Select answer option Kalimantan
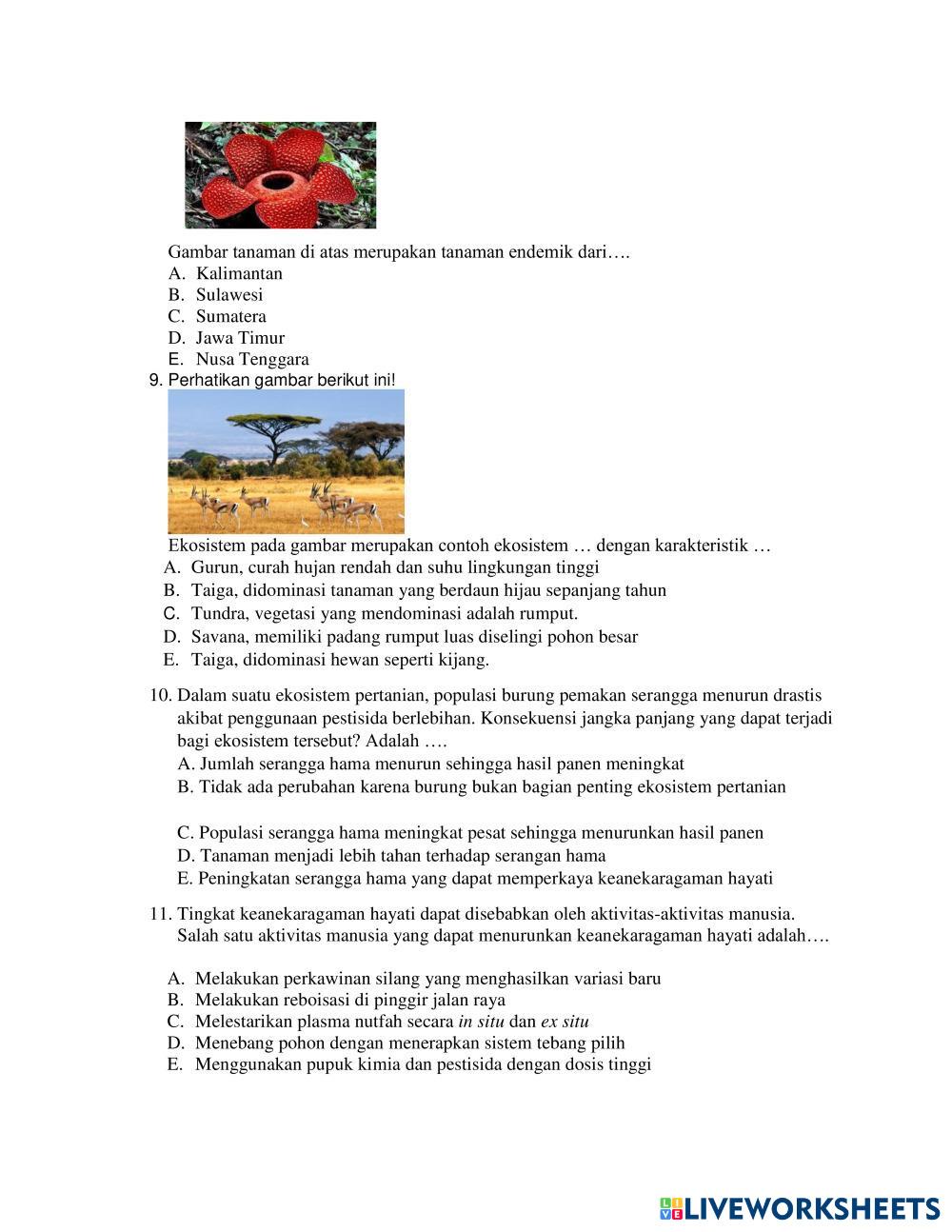pos(239,273)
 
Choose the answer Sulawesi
pos(228,295)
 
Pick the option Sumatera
pos(230,316)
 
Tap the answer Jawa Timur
pos(240,338)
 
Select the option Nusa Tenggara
pos(252,359)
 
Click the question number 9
pos(156,380)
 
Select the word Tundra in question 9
pos(217,613)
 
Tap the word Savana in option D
pos(217,637)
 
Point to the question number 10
pos(160,695)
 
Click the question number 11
pos(160,914)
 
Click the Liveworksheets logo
pos(799,1208)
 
